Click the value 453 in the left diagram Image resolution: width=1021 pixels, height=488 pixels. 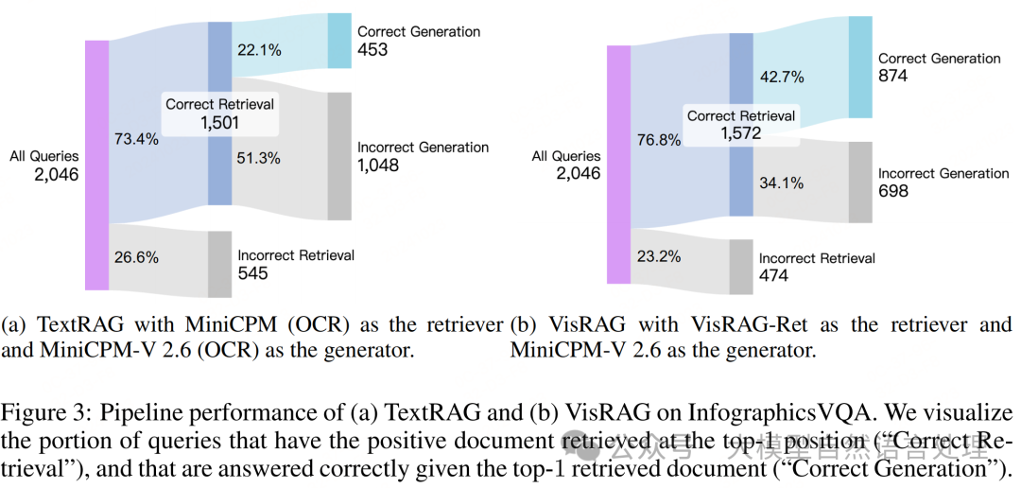[372, 49]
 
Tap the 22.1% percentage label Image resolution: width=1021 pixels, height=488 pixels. [258, 51]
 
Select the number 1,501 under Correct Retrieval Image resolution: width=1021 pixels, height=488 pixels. [219, 122]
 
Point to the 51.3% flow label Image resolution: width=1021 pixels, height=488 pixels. [258, 159]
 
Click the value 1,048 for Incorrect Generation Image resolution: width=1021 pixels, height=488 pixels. [378, 166]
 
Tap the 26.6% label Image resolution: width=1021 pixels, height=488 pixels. [136, 257]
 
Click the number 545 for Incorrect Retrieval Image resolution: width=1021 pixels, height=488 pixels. [253, 273]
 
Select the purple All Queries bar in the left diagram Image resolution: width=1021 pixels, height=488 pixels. [96, 165]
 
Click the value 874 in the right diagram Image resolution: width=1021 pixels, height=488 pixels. [893, 76]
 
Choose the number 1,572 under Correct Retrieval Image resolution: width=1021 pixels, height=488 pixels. [741, 133]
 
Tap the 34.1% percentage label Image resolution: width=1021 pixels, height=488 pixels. [778, 181]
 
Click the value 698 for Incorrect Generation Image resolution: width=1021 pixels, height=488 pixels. [893, 191]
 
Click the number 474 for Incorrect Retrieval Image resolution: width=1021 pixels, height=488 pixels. [774, 275]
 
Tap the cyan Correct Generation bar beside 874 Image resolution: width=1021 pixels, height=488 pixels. [859, 66]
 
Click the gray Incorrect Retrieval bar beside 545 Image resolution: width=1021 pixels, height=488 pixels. [219, 264]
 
